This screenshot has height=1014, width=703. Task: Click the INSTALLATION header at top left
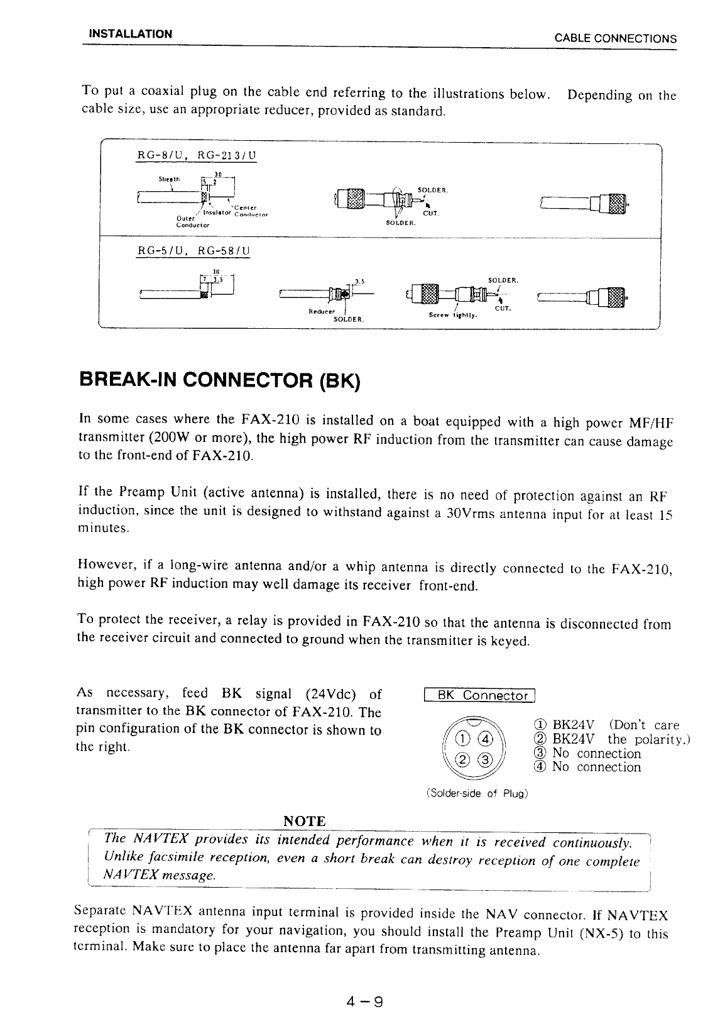pos(130,33)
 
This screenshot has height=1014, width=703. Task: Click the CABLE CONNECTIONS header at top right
pos(615,38)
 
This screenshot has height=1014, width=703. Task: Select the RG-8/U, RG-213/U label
pos(197,155)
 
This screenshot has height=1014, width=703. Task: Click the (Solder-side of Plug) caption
pos(477,793)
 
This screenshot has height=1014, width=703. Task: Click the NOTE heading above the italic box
pos(305,821)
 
